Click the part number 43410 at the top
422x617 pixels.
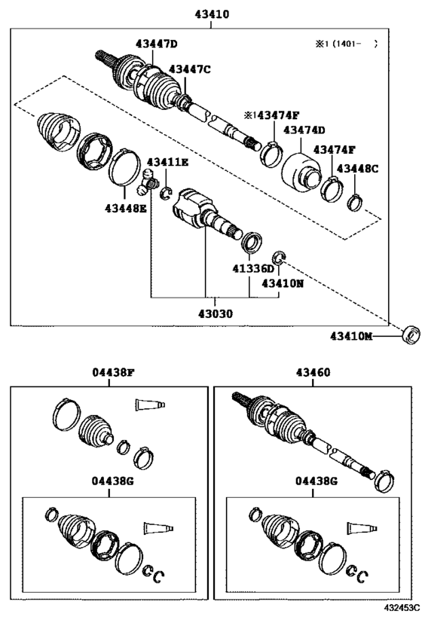click(212, 14)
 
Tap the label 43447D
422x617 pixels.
click(156, 44)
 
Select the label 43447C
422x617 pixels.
click(190, 69)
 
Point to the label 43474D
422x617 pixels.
click(304, 130)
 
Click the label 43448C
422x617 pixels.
click(357, 169)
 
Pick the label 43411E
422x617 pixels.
click(168, 162)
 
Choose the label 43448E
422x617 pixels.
click(126, 208)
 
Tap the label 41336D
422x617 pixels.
click(252, 269)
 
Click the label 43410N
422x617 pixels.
click(283, 283)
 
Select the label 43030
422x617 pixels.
click(216, 313)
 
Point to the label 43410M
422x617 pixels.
click(351, 336)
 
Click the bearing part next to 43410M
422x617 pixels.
click(411, 334)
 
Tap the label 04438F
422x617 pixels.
click(113, 372)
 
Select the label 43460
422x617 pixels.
click(313, 372)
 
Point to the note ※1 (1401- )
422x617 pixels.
click(346, 44)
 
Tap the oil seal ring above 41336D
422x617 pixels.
click(251, 242)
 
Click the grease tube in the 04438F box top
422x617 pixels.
click(150, 405)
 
